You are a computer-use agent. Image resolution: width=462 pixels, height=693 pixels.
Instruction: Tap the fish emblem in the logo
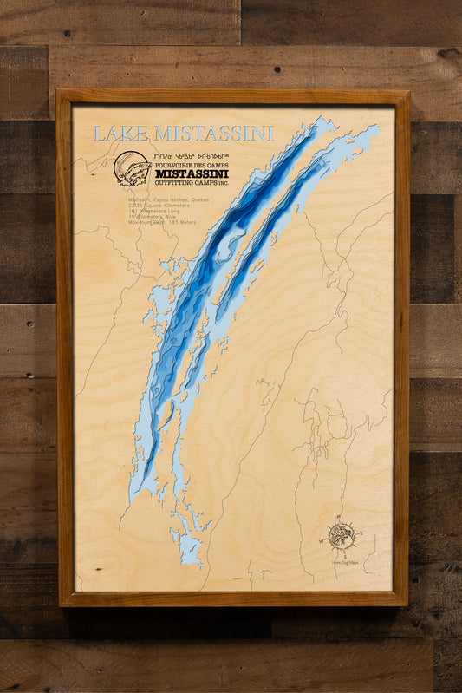(x=133, y=168)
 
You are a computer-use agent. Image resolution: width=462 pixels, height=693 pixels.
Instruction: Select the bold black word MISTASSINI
(x=192, y=173)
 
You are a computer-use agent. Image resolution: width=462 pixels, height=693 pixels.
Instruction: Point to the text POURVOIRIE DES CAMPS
(x=192, y=163)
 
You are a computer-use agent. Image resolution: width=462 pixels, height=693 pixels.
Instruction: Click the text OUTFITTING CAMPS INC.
(x=192, y=182)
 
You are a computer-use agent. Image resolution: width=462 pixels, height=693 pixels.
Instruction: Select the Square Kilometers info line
(x=157, y=206)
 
